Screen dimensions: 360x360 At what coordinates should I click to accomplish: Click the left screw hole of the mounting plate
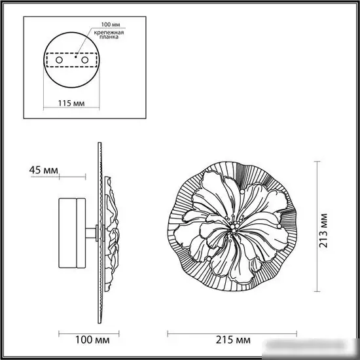coord(59,60)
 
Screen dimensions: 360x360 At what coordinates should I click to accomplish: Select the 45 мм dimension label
coord(43,171)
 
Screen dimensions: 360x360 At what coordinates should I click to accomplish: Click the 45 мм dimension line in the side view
coord(72,177)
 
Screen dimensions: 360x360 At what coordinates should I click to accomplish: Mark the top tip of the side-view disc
coord(99,143)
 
